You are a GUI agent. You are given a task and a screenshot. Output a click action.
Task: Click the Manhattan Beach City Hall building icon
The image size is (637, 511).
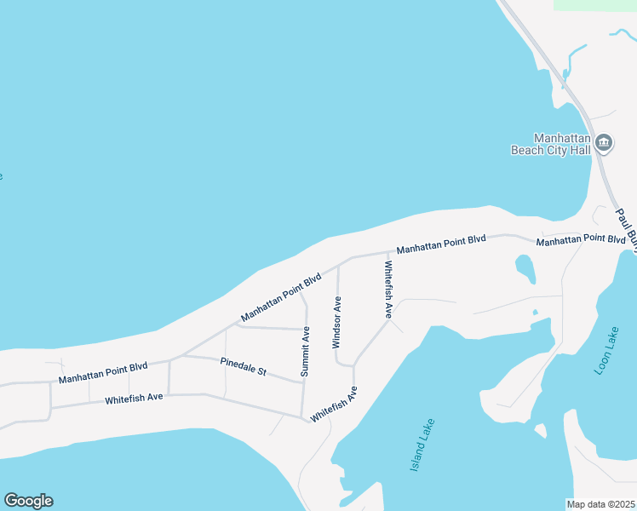pos(604,142)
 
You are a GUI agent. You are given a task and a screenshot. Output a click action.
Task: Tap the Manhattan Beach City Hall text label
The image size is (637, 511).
pos(550,144)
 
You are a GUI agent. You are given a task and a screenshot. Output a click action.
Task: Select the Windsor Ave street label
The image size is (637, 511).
pos(336,323)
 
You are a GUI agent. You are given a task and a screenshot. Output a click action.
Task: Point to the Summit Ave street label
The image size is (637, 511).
pos(306,351)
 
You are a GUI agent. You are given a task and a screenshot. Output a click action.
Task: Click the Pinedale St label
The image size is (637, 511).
pos(244,366)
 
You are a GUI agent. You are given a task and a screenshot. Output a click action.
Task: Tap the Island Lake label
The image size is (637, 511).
pos(422,445)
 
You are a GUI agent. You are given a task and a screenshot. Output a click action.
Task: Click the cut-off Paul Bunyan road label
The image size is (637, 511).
pos(626,227)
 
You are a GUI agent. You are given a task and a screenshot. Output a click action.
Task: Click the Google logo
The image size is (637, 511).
pos(28,501)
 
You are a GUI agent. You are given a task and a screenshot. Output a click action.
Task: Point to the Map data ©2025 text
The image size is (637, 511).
pos(601,503)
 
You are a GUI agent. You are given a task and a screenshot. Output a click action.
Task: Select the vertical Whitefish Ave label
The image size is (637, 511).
pos(387,290)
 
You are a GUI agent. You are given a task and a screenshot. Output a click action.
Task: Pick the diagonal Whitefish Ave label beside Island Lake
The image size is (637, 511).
pos(334,405)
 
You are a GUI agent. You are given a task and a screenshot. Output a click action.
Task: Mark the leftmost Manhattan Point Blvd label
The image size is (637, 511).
pos(103,372)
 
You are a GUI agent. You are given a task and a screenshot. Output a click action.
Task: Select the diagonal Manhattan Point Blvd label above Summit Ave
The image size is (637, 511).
pos(281,297)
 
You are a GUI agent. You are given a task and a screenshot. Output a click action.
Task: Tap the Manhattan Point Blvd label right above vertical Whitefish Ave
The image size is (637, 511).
pos(441,244)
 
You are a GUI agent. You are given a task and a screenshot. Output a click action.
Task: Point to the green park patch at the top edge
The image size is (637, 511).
pos(594,4)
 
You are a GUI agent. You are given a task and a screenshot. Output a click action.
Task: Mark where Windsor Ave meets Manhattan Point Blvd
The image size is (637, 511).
pos(339,263)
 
